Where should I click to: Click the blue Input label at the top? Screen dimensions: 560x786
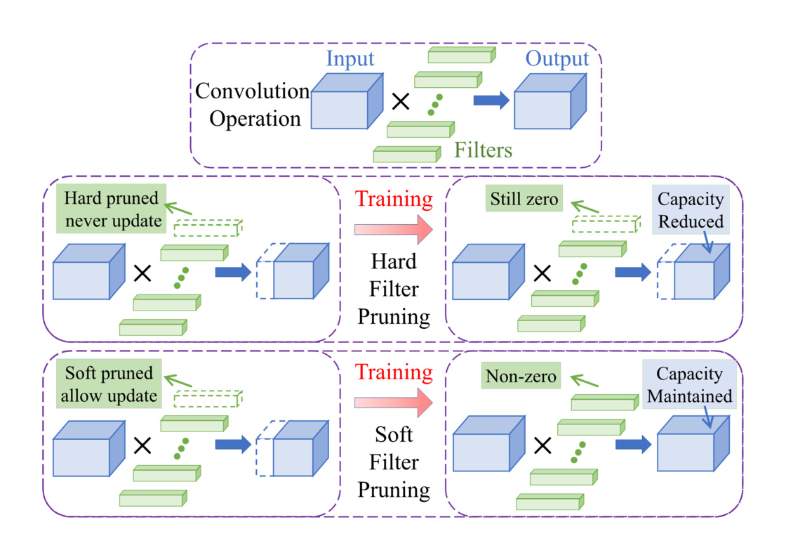point(350,59)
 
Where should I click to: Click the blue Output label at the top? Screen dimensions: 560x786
point(558,59)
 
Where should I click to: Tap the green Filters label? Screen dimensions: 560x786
point(483,150)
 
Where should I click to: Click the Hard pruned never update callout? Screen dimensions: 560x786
point(112,209)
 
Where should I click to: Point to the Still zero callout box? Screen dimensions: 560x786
point(524,200)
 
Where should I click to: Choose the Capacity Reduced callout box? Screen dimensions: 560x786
point(691,210)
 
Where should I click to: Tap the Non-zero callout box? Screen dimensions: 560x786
point(521,377)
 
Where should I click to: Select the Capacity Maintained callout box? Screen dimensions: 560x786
point(690,384)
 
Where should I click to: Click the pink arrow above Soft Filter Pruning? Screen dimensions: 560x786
point(394,403)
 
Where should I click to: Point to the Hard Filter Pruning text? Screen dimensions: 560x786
point(394,289)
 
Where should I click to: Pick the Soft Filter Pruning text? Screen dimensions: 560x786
point(394,462)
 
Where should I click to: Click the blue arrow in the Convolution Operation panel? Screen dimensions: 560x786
point(491,101)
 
